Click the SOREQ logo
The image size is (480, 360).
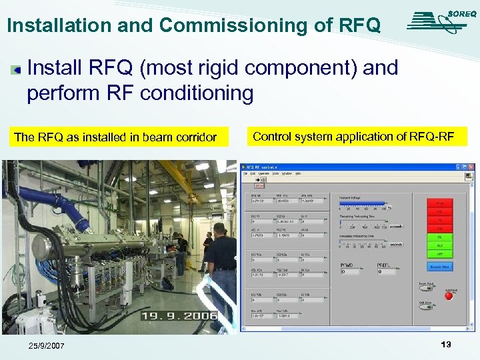[x=437, y=21]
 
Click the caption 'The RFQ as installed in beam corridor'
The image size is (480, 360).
[x=115, y=137]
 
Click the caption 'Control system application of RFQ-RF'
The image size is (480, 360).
[x=353, y=137]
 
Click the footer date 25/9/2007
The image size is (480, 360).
[x=47, y=346]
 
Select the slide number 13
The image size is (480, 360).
[x=446, y=345]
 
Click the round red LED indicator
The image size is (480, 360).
[x=449, y=295]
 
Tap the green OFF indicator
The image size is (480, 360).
[x=439, y=253]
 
